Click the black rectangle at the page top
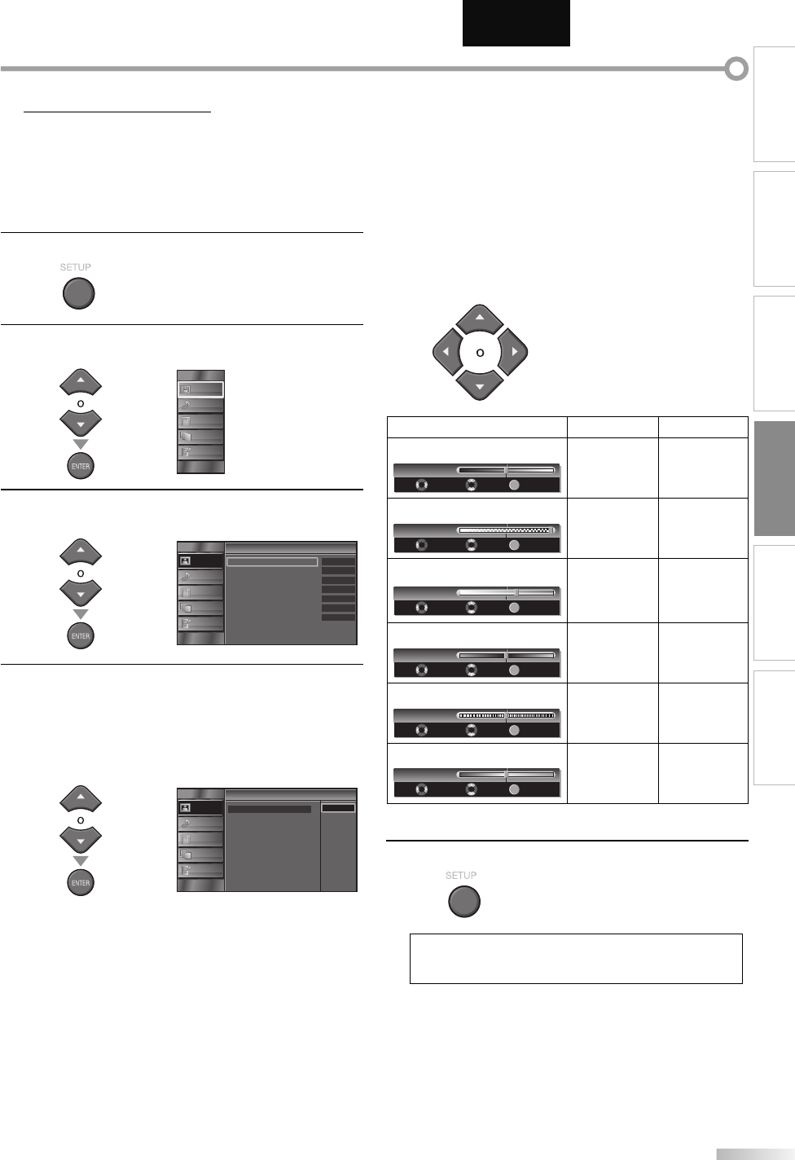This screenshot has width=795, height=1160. (516, 24)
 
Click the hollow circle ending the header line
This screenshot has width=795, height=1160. (736, 69)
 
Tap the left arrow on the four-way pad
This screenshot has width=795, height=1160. (445, 353)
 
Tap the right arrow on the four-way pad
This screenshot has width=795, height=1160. (514, 353)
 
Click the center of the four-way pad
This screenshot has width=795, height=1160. (480, 353)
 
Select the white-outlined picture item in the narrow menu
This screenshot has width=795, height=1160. (200, 389)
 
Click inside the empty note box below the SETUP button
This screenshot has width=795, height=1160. (576, 959)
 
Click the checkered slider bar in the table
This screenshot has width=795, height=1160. (506, 529)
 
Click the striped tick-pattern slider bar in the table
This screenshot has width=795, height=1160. (506, 715)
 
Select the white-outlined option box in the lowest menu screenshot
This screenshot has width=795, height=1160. (338, 807)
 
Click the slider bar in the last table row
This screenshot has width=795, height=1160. (506, 774)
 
